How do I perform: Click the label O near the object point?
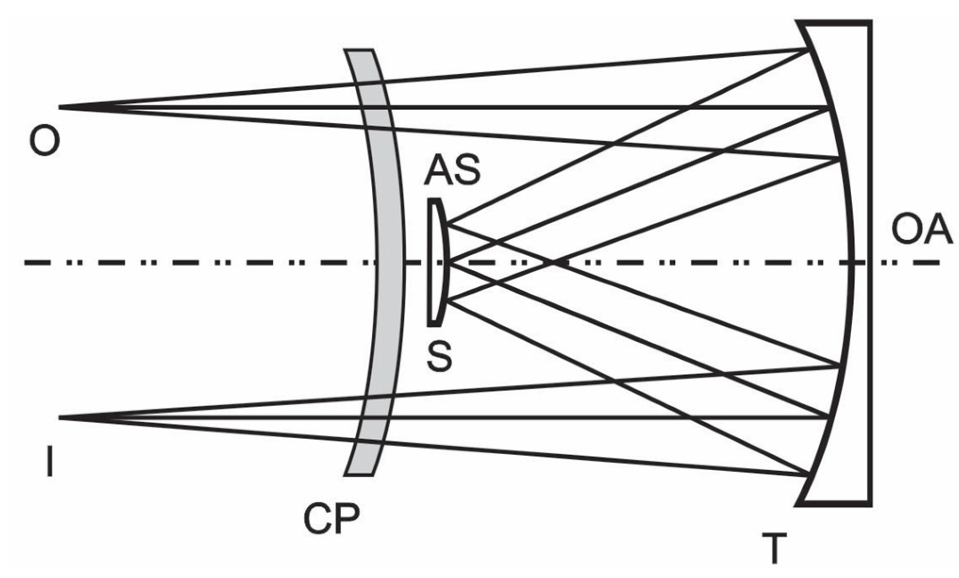(44, 140)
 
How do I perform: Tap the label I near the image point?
(49, 462)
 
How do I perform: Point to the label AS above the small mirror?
(452, 170)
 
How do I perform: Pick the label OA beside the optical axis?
(921, 230)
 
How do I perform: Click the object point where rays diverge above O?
(60, 107)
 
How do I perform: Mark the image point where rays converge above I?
(60, 417)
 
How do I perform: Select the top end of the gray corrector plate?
(358, 50)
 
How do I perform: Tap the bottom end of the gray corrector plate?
(358, 474)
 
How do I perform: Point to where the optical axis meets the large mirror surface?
(852, 262)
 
